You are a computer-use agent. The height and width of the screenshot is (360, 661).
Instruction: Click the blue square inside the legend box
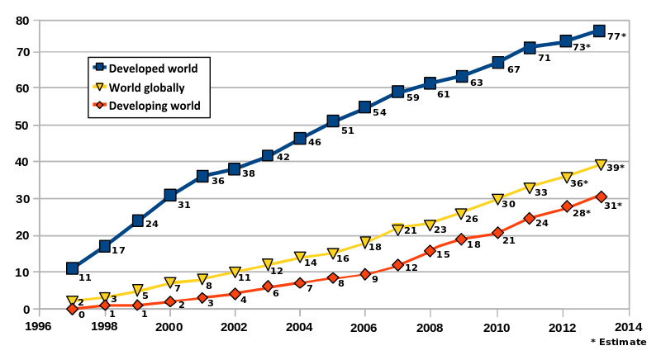[x=99, y=68]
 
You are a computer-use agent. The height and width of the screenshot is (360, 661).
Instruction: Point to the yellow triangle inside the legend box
[x=99, y=87]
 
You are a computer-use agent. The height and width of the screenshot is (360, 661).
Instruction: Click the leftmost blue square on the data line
[x=73, y=268]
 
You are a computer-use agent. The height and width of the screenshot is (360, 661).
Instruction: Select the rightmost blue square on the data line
[x=599, y=31]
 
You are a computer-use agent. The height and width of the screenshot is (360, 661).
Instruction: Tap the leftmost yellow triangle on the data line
[x=73, y=301]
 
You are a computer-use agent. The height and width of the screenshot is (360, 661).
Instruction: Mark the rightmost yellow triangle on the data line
[x=600, y=165]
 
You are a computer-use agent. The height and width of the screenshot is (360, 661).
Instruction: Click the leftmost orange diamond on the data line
[x=73, y=309]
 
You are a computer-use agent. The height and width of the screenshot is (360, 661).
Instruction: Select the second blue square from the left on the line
[x=105, y=246]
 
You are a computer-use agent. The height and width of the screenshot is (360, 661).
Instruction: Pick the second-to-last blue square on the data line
[x=566, y=41]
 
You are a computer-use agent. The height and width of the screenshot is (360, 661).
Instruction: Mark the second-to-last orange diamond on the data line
[x=567, y=207]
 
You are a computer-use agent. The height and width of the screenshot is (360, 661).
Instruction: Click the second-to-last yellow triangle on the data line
[x=566, y=177]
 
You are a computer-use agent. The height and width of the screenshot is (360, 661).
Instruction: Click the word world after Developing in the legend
[x=184, y=106]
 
